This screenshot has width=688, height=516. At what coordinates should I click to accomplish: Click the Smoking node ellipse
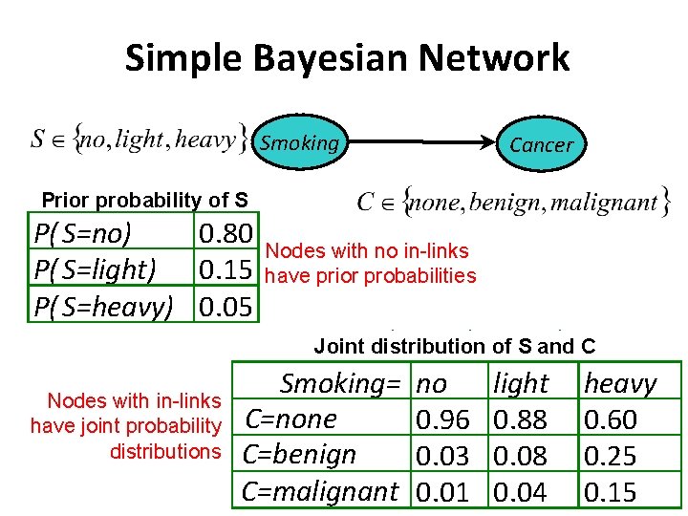[299, 143]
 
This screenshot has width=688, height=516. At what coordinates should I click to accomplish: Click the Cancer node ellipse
[541, 144]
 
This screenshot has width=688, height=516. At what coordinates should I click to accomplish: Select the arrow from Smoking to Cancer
[419, 143]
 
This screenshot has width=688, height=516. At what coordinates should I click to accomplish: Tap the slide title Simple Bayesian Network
[347, 58]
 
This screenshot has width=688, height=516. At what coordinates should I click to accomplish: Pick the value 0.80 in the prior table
[226, 234]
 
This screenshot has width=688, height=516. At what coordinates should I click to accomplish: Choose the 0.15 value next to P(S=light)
[226, 270]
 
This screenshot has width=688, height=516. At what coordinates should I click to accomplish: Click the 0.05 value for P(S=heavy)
[226, 307]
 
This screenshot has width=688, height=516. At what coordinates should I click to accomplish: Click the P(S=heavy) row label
[103, 307]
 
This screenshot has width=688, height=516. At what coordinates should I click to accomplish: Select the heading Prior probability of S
[144, 201]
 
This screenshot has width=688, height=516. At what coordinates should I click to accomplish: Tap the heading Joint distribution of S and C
[455, 346]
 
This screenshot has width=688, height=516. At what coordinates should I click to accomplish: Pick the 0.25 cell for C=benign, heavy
[610, 456]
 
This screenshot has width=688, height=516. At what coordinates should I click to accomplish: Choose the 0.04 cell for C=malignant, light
[521, 492]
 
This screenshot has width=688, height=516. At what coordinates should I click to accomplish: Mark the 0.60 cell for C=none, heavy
[610, 419]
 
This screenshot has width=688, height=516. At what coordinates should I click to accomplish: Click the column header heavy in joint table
[619, 383]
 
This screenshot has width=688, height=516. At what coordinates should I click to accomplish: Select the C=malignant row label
[319, 492]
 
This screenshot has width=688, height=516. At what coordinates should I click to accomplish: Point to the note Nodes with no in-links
[367, 251]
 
